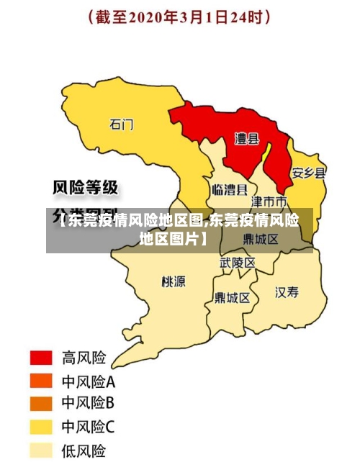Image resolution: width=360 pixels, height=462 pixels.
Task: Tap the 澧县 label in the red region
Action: [247, 138]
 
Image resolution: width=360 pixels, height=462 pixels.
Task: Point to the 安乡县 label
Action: [308, 173]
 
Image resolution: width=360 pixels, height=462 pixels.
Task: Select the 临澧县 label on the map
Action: [230, 190]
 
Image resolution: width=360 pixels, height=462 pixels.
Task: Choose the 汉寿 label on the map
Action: [287, 291]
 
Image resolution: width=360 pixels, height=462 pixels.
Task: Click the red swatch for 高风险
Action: [41, 358]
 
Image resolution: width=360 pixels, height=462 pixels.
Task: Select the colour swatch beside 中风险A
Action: [41, 381]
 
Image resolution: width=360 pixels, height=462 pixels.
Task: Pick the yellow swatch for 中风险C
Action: [41, 427]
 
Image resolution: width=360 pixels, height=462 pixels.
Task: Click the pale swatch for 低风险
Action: [41, 450]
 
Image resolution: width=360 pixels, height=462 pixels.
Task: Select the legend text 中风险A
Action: [89, 381]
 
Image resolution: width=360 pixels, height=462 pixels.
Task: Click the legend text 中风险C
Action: [89, 427]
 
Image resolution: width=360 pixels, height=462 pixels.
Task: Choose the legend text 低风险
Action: [84, 451]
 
